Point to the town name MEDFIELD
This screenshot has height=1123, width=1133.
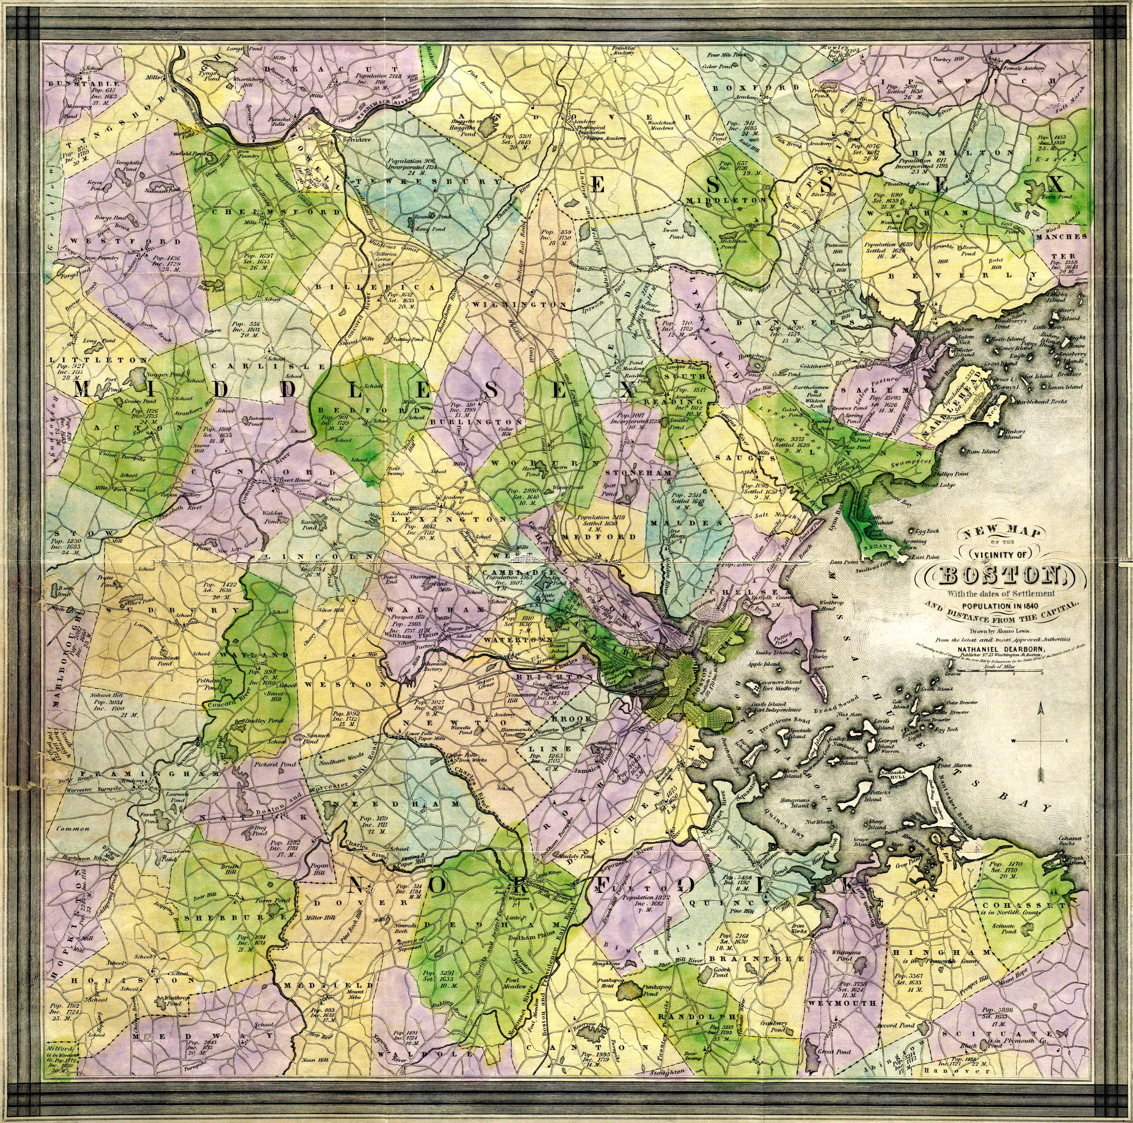pyautogui.click(x=328, y=986)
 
